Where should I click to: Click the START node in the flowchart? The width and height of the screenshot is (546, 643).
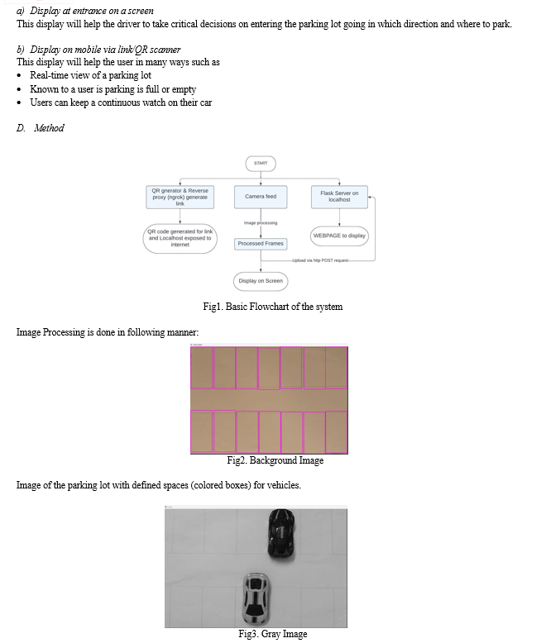(261, 163)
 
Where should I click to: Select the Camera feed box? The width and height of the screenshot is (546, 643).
(261, 197)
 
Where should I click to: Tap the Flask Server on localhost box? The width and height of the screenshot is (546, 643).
(339, 197)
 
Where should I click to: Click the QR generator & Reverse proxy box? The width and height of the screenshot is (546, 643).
(180, 197)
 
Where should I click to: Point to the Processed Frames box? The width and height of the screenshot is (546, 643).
(261, 244)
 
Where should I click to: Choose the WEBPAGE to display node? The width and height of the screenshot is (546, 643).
(339, 236)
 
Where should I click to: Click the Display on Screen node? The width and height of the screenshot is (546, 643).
(261, 281)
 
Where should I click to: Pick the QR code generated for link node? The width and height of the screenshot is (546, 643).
(180, 238)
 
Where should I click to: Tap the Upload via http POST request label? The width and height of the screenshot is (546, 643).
(320, 260)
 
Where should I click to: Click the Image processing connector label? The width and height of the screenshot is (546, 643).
(261, 223)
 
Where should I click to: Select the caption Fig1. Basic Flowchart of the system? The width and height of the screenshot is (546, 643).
(273, 307)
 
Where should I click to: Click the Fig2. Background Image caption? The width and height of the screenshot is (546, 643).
(275, 460)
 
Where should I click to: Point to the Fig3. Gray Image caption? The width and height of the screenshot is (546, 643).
(273, 634)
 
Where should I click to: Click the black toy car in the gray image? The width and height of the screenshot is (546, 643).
(281, 534)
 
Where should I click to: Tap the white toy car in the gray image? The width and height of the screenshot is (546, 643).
(256, 598)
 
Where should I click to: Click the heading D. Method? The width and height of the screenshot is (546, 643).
(41, 128)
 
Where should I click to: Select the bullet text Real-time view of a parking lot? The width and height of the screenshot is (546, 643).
(90, 75)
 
